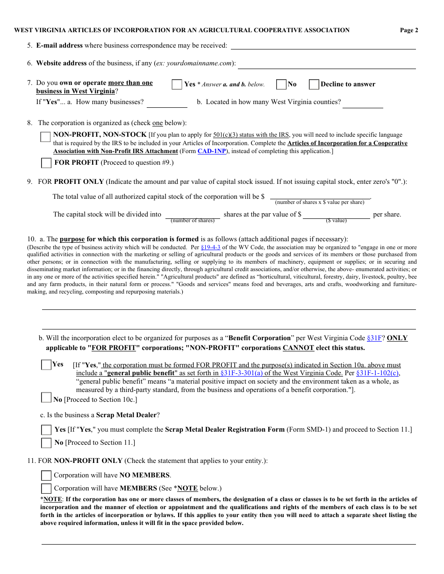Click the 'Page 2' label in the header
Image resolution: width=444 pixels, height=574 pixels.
(409, 30)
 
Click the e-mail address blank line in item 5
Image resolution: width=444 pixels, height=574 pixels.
(323, 46)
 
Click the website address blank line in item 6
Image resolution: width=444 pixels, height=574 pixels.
(326, 63)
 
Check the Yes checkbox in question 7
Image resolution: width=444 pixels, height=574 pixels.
(177, 84)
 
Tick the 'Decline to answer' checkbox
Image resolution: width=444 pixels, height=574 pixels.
(314, 84)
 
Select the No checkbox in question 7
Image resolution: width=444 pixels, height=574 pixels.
(281, 84)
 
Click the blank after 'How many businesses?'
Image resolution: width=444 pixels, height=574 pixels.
(167, 103)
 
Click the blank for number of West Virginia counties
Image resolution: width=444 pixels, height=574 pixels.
(363, 103)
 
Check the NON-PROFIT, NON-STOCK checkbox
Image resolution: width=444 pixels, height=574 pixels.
(46, 137)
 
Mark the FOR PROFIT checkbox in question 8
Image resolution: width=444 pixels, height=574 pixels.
(46, 163)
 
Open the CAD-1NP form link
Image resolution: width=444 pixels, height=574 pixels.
(212, 151)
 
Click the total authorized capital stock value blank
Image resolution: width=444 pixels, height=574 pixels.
(320, 196)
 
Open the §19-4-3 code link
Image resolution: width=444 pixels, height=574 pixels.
(210, 247)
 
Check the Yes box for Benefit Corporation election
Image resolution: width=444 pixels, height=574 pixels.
(46, 365)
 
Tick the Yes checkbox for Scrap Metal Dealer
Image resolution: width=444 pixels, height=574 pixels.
(46, 430)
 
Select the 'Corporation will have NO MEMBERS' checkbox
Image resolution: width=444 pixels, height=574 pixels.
(46, 476)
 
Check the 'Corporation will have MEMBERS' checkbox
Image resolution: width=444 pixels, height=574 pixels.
(46, 489)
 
